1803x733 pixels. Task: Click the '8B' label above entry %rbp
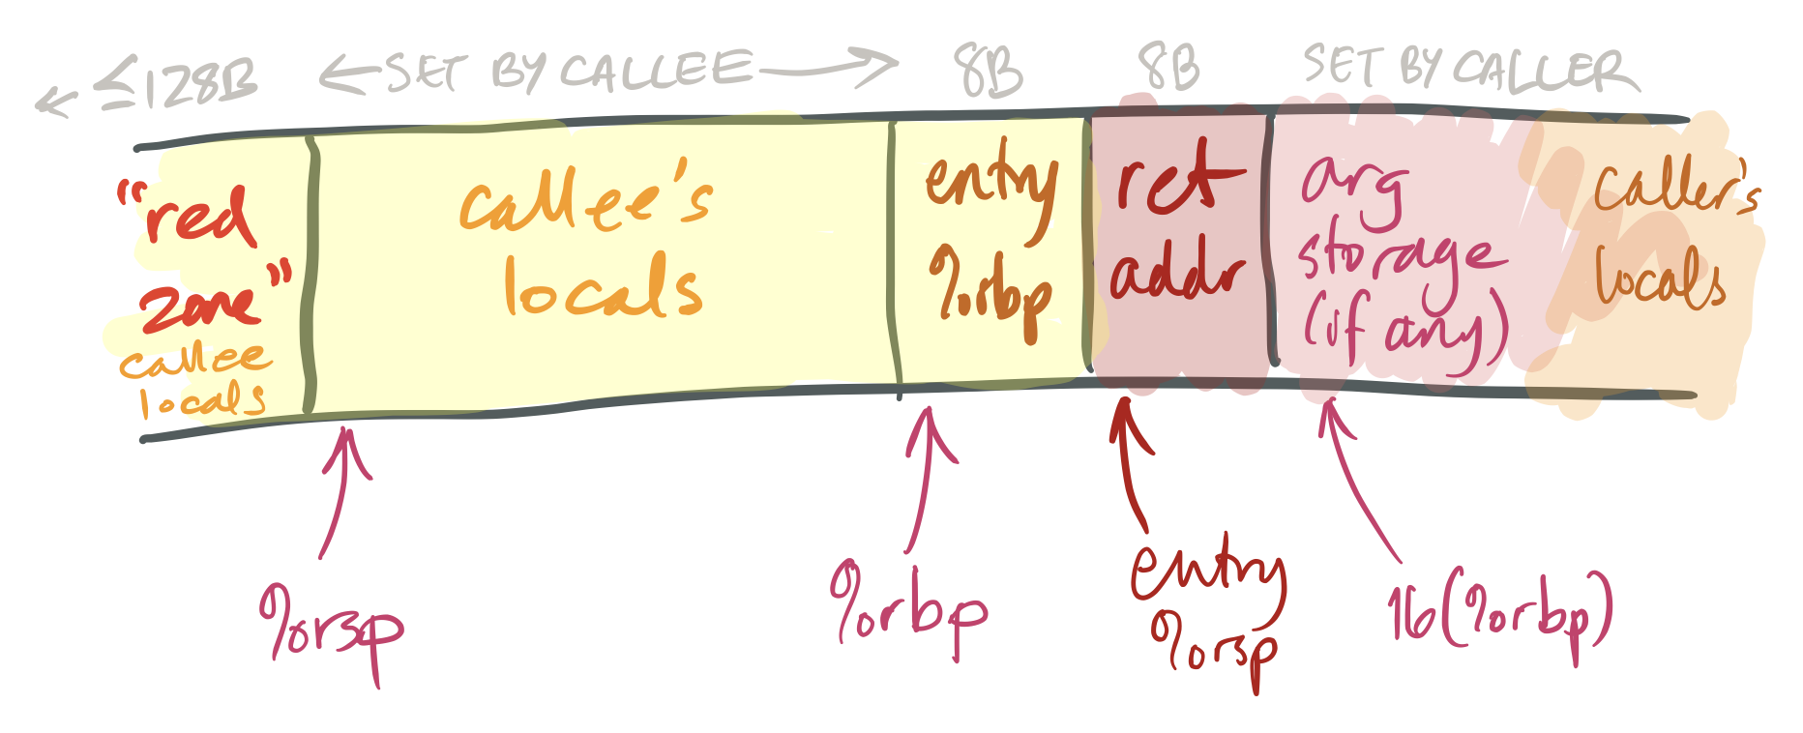coord(987,71)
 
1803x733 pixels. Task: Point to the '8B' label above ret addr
coord(1168,68)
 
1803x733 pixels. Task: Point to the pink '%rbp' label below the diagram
coord(909,609)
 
